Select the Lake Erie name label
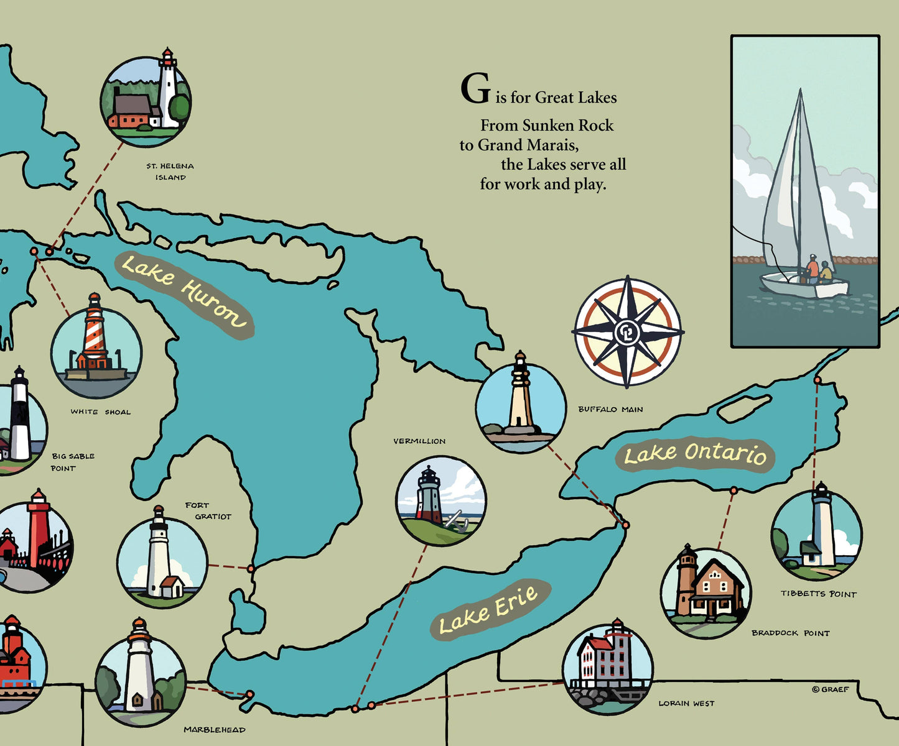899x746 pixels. pos(489,610)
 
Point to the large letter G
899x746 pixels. pos(475,90)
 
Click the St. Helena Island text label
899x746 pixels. pos(170,172)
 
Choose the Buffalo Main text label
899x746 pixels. pos(610,409)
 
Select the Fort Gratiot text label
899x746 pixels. pos(208,511)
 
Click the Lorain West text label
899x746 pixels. pos(686,703)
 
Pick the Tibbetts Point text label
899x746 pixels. pos(819,594)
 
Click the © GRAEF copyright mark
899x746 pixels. pos(830,689)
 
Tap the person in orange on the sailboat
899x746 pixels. pos(812,270)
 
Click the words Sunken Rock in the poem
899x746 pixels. pos(567,126)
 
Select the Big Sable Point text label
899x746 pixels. pos(72,462)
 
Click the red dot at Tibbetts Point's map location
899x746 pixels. pos(817,380)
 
